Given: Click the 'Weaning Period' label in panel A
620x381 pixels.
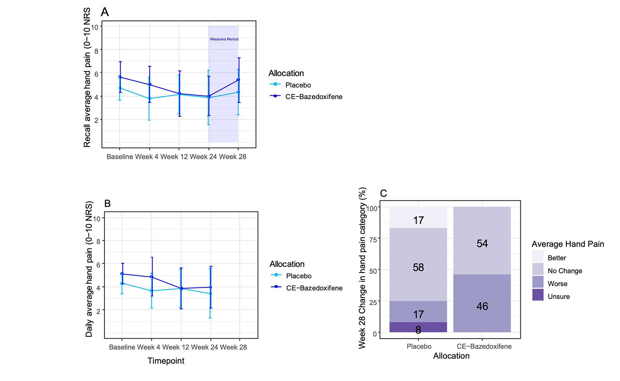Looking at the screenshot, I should pyautogui.click(x=224, y=39).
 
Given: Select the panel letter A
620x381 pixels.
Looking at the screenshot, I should pyautogui.click(x=105, y=12).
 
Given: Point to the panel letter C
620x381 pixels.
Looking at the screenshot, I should pyautogui.click(x=383, y=193).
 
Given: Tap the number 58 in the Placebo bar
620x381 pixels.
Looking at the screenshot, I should pyautogui.click(x=418, y=267).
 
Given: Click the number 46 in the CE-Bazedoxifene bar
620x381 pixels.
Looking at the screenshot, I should pyautogui.click(x=482, y=306).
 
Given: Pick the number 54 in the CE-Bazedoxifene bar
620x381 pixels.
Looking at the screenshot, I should pyautogui.click(x=482, y=243).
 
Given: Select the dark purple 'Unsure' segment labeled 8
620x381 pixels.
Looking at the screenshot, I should pyautogui.click(x=418, y=327).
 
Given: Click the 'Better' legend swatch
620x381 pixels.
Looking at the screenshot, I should pyautogui.click(x=538, y=256).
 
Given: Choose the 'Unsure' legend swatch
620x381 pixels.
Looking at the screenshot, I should pyautogui.click(x=538, y=295).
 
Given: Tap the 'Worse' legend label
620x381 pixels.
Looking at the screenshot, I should pyautogui.click(x=557, y=284).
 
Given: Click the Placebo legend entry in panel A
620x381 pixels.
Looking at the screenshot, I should pyautogui.click(x=298, y=85).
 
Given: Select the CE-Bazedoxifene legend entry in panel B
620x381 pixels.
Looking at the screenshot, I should pyautogui.click(x=314, y=288).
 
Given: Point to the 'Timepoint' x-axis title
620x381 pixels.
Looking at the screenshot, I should pyautogui.click(x=166, y=361).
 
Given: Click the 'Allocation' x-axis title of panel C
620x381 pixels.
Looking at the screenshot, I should pyautogui.click(x=451, y=356).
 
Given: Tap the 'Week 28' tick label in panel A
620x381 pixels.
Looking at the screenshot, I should pyautogui.click(x=232, y=157).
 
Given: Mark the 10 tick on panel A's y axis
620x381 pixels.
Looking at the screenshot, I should pyautogui.click(x=95, y=27).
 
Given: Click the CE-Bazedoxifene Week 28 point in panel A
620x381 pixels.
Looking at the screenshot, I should pyautogui.click(x=238, y=80).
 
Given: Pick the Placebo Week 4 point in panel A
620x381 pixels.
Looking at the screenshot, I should pyautogui.click(x=150, y=99).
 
